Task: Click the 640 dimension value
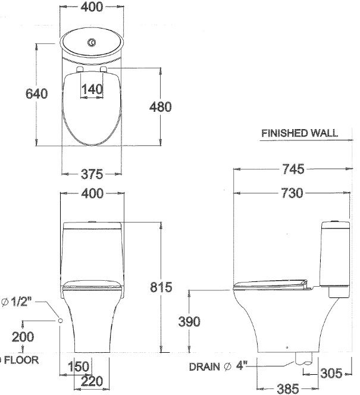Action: [x=35, y=94]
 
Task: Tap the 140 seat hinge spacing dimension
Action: [x=92, y=89]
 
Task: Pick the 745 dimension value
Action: [x=293, y=170]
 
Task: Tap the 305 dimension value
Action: [x=331, y=374]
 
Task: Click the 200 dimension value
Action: [x=23, y=337]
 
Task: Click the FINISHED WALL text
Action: [x=299, y=134]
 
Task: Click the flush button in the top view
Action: [x=92, y=43]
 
